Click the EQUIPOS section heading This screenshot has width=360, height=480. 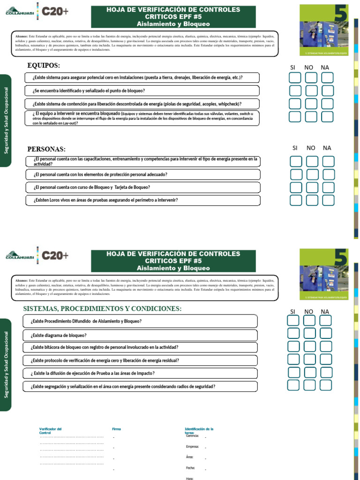(x=44, y=65)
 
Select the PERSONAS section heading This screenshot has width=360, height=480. (x=46, y=149)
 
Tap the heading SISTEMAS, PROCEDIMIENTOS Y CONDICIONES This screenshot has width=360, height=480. (x=102, y=309)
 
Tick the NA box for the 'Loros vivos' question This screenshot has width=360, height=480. (x=329, y=201)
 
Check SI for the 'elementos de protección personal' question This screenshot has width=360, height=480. (x=296, y=175)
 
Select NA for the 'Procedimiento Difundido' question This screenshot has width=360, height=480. (x=326, y=321)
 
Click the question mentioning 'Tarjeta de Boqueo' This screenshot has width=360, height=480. (x=92, y=187)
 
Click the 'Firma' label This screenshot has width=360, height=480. (x=117, y=429)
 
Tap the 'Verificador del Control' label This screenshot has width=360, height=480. (x=50, y=431)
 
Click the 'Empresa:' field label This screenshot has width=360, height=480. (x=193, y=447)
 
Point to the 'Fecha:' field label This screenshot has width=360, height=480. (x=190, y=468)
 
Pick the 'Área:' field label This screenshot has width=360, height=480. (x=189, y=457)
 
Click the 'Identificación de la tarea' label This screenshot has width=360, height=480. (x=199, y=431)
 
